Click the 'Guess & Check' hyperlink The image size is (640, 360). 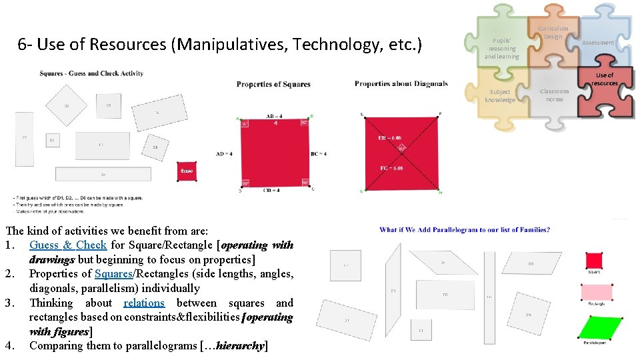pyautogui.click(x=68, y=245)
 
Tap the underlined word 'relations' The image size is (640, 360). pyautogui.click(x=144, y=303)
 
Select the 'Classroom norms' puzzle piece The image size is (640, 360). pyautogui.click(x=554, y=95)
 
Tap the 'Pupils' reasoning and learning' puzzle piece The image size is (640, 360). pyautogui.click(x=501, y=47)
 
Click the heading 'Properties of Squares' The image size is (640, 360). pyautogui.click(x=273, y=85)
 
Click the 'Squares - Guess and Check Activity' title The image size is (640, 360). pyautogui.click(x=91, y=73)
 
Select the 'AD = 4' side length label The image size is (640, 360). pyautogui.click(x=224, y=154)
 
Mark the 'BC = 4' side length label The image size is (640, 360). pyautogui.click(x=318, y=154)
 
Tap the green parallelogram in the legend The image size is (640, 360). pyautogui.click(x=595, y=328)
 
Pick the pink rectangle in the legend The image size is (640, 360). pyautogui.click(x=597, y=292)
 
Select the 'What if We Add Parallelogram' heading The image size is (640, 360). pyautogui.click(x=465, y=230)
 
